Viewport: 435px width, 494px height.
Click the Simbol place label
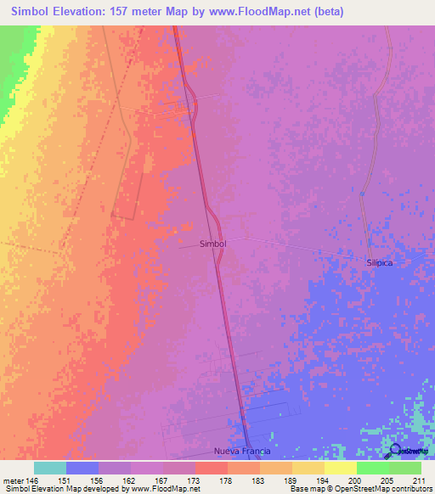(x=212, y=244)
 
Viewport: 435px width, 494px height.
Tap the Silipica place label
(x=381, y=263)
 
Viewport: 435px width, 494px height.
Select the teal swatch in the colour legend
(x=50, y=468)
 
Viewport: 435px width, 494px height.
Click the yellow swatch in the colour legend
(x=340, y=468)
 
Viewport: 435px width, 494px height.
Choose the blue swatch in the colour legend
(x=82, y=468)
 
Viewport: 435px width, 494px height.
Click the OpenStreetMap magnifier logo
(x=396, y=450)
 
